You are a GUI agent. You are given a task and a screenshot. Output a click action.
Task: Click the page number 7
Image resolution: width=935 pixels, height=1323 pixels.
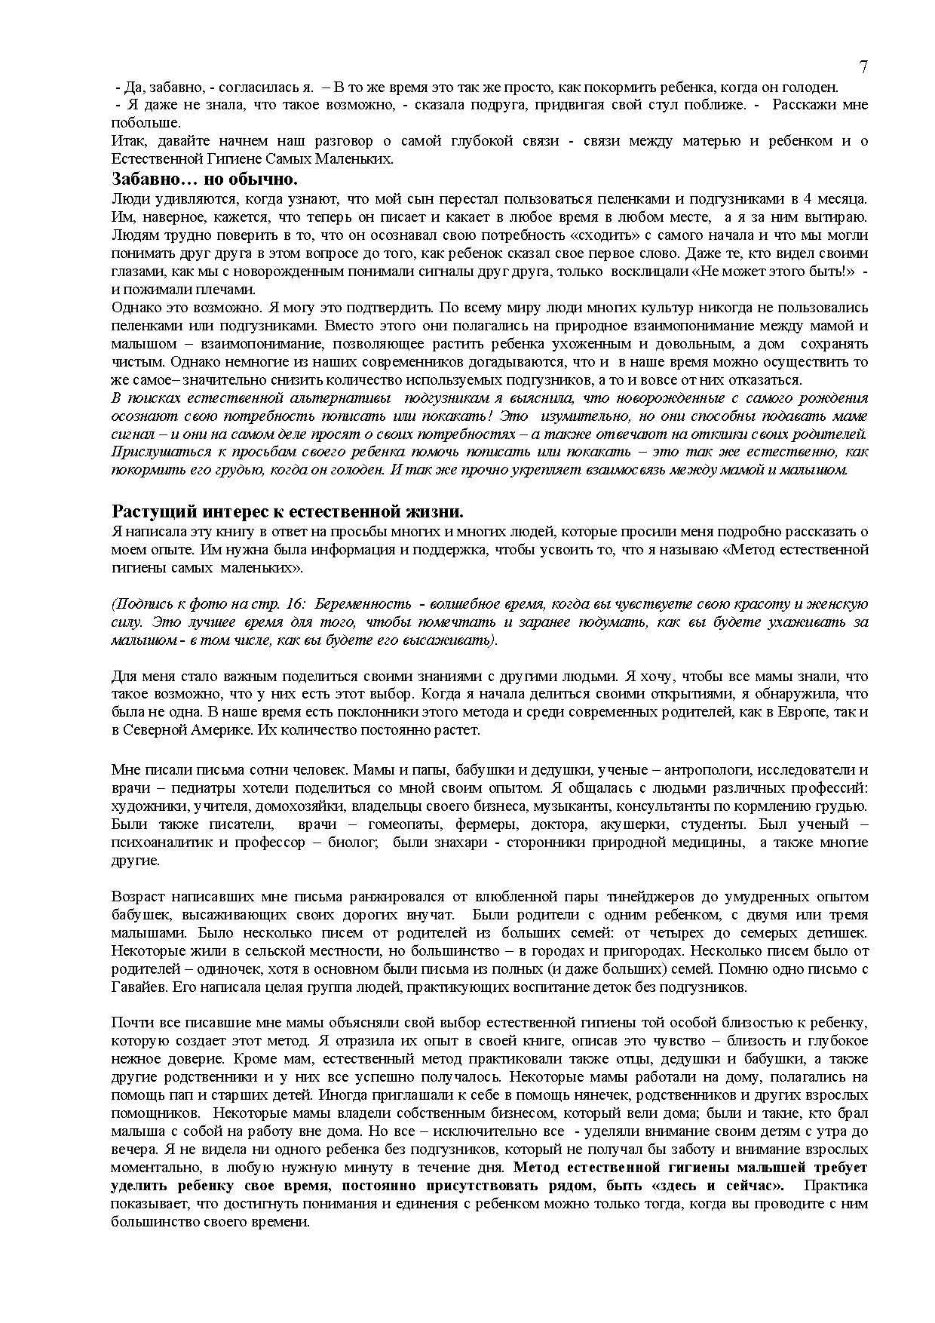coord(863,67)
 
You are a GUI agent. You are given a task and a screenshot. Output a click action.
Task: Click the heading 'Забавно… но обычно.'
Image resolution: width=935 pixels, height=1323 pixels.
coord(204,180)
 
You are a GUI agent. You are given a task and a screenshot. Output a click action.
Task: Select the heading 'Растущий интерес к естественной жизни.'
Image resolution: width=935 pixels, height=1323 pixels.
coord(287,512)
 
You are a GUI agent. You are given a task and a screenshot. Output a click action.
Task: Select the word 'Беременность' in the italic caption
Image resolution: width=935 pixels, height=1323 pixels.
coord(364,604)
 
